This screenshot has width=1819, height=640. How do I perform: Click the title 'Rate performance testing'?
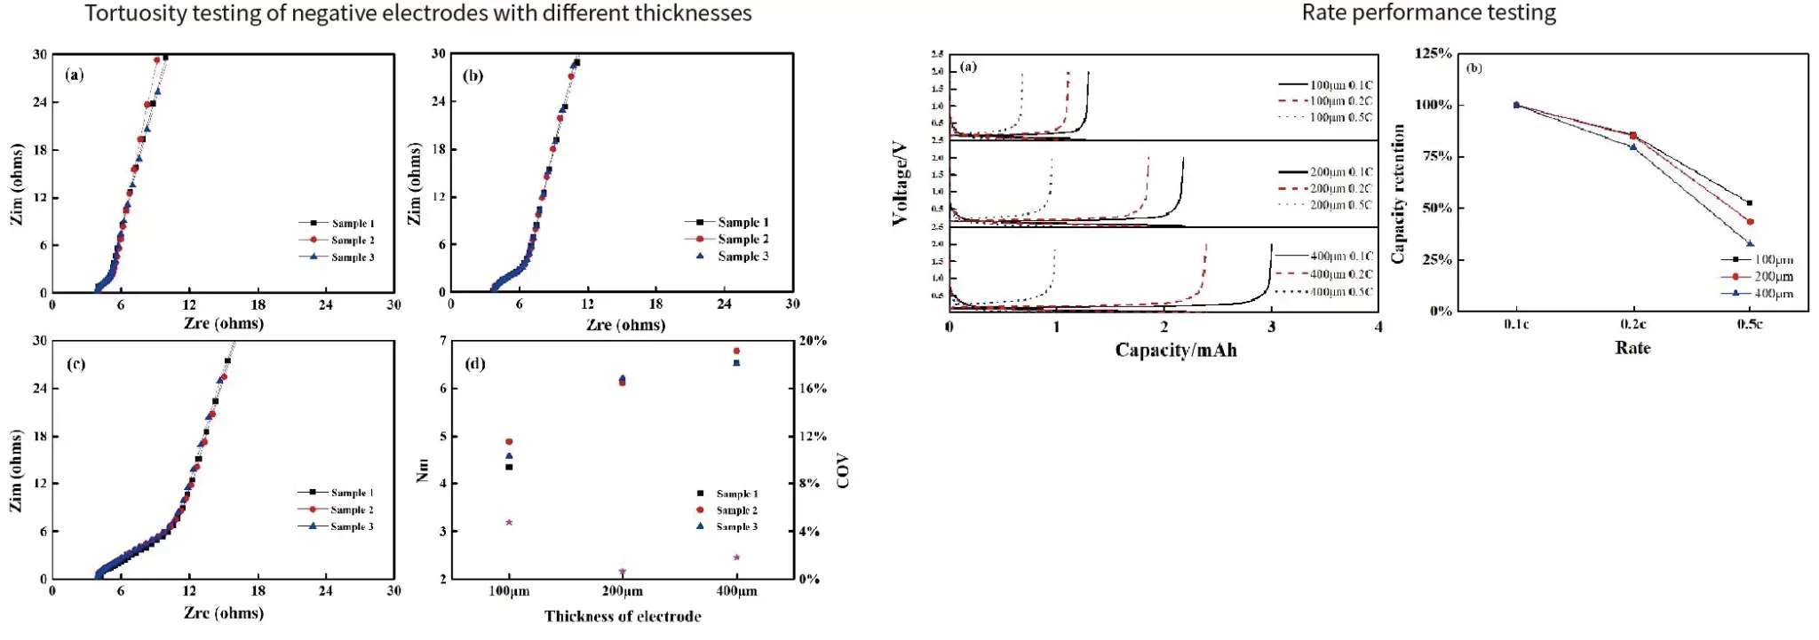[x=1428, y=13]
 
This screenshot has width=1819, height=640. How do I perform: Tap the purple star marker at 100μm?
[x=509, y=522]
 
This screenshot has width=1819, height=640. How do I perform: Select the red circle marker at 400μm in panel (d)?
[x=736, y=351]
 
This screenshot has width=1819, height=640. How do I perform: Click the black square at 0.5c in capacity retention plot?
[x=1750, y=203]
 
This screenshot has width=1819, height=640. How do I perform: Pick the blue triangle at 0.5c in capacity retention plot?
[x=1750, y=243]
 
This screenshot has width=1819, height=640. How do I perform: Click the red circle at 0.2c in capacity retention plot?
[x=1633, y=136]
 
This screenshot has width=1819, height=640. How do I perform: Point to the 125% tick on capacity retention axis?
[x=1434, y=54]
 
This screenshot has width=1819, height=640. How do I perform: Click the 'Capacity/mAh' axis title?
[x=1176, y=350]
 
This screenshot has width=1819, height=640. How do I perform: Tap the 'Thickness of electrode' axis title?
[x=623, y=616]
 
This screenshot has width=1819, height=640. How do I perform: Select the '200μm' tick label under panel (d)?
[x=623, y=591]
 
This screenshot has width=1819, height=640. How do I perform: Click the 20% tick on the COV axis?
[x=813, y=341]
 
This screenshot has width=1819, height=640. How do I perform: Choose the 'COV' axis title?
[x=843, y=470]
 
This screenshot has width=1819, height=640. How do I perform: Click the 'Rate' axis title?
[x=1632, y=348]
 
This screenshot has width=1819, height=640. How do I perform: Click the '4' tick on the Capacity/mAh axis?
[x=1378, y=327]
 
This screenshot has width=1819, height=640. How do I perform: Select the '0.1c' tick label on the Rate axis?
[x=1516, y=325]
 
